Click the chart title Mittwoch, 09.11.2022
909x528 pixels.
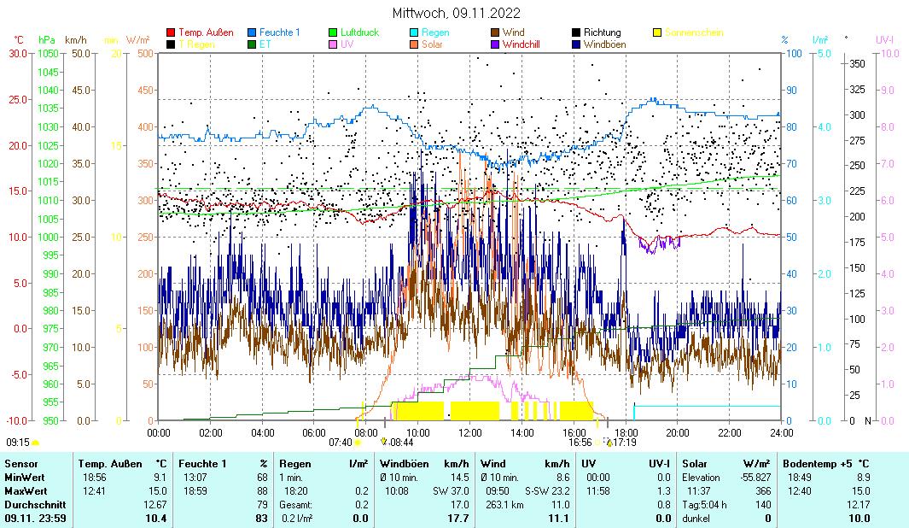456,13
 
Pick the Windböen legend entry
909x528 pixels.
609,44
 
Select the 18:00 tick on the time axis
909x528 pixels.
626,432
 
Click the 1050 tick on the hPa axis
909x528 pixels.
48,53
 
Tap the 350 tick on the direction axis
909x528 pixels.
857,63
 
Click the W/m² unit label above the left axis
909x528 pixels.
137,39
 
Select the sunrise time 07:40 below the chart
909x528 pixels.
340,443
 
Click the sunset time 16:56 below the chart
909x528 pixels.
580,443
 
